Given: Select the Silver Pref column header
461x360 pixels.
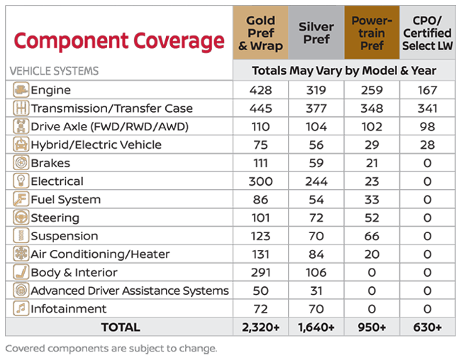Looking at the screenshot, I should (x=316, y=33).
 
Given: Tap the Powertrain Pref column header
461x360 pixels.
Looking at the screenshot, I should (x=372, y=33).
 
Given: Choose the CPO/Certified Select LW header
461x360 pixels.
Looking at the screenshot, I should (x=427, y=33).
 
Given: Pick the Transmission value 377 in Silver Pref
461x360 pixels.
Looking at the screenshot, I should (x=316, y=108).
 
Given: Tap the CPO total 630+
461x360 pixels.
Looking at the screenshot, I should (x=427, y=327).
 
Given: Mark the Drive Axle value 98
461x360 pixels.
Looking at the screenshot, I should (x=427, y=127).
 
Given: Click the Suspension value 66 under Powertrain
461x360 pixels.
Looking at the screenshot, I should (x=372, y=236).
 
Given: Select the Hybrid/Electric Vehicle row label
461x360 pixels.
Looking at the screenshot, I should (x=96, y=145).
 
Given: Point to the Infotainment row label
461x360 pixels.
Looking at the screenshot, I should (x=68, y=309).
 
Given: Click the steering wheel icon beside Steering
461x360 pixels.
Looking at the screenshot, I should (x=21, y=218).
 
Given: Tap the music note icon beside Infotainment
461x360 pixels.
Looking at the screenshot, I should (x=21, y=309).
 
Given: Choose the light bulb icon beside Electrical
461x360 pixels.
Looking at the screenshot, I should (x=21, y=181).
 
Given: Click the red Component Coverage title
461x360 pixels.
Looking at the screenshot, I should (x=118, y=40).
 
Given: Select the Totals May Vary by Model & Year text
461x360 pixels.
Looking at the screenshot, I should (x=343, y=71).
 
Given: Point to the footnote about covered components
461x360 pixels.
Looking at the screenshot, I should (x=111, y=348).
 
